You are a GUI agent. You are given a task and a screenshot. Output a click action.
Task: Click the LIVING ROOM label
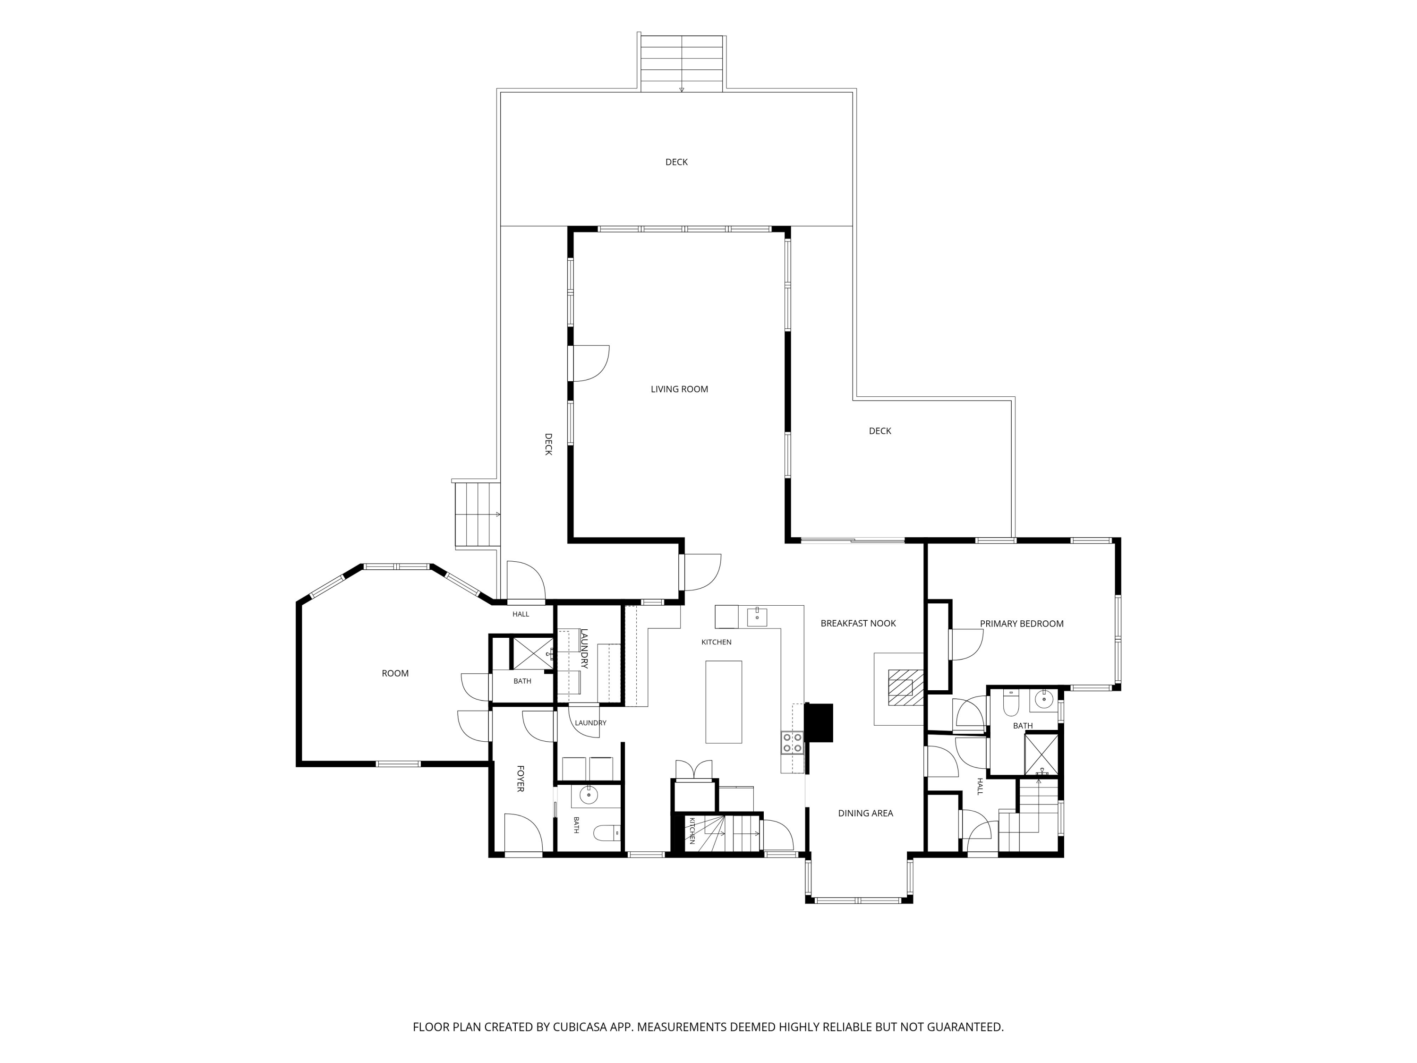tap(679, 389)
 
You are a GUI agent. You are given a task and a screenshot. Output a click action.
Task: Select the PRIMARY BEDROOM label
tap(1021, 624)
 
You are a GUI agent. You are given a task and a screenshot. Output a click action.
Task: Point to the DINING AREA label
tap(865, 813)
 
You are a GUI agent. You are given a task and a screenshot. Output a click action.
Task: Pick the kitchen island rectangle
tap(723, 702)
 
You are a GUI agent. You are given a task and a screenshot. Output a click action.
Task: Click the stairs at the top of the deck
tap(682, 63)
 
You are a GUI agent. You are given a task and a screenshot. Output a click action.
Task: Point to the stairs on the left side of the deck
tap(477, 514)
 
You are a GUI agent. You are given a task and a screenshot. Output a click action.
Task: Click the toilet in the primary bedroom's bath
tap(1011, 703)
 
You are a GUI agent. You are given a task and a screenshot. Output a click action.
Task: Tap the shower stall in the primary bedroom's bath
tap(1041, 755)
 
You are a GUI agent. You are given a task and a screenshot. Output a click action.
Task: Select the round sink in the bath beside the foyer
tap(588, 795)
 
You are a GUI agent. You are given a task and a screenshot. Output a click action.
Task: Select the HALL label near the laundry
tap(521, 614)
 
